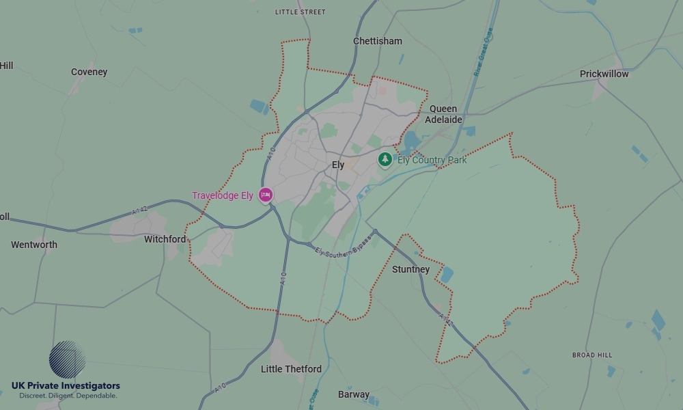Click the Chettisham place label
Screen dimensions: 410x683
pos(377,41)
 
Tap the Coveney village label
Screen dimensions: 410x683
pos(89,72)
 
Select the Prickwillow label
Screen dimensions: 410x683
pos(604,74)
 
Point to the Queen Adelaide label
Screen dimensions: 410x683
pos(443,114)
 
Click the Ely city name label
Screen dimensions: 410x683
pos(338,165)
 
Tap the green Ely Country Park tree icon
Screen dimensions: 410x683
pos(385,159)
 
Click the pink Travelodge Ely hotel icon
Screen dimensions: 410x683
pos(266,195)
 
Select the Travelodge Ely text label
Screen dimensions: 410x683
pos(222,196)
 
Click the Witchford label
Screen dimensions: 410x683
pos(165,239)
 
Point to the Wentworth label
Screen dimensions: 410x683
pos(34,245)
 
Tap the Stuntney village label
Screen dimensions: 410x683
pos(410,269)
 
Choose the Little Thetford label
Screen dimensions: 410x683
pos(291,369)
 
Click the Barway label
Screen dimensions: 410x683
pos(354,394)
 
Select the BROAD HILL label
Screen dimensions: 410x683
pos(592,355)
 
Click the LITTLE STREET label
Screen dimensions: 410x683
pos(300,12)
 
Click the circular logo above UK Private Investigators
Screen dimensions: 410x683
pos(67,359)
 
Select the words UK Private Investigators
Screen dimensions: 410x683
pos(66,386)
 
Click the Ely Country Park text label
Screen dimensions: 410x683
pos(432,161)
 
